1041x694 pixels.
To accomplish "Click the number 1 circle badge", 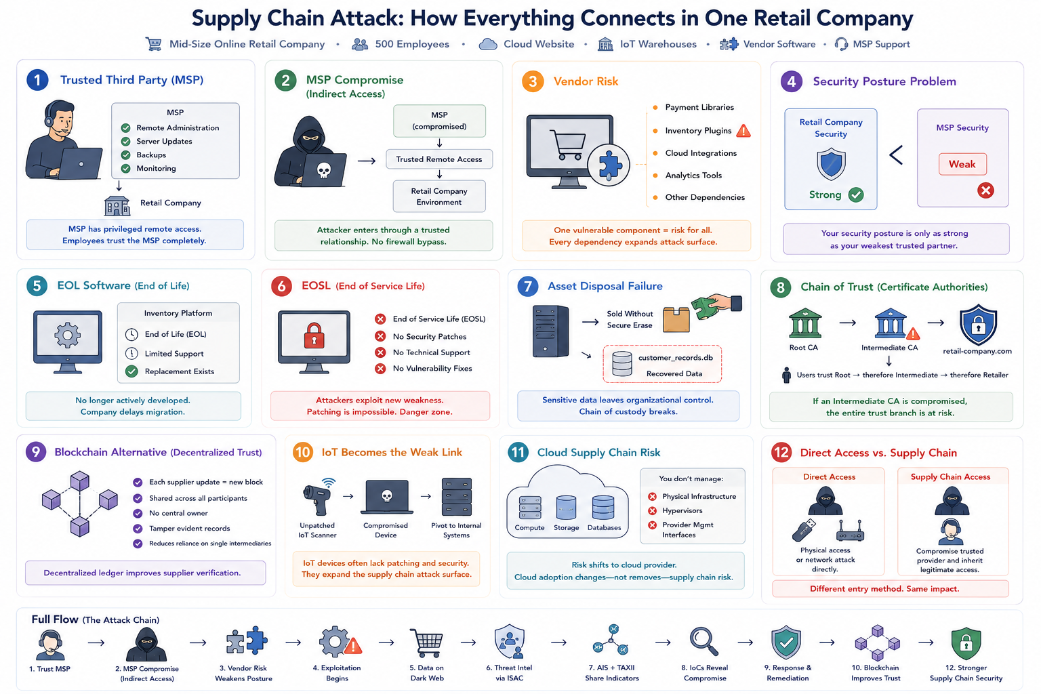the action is [37, 80].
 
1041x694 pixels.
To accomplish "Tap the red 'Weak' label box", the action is [962, 164].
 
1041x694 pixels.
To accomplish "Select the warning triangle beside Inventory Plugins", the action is [743, 131].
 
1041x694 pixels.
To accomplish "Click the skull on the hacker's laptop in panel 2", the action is [323, 170].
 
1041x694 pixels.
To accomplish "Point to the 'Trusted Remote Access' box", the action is [439, 159].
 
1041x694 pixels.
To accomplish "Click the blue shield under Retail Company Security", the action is [831, 163].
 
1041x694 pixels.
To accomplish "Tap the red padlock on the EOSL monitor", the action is [314, 335].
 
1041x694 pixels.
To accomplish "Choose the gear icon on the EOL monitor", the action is [67, 335].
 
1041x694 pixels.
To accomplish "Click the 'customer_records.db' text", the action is [675, 357].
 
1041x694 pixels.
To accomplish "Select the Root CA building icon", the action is [805, 323].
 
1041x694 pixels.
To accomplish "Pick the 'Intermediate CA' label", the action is [889, 348].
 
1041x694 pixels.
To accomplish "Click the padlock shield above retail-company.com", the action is [978, 325].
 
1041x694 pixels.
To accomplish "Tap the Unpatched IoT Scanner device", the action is [317, 497].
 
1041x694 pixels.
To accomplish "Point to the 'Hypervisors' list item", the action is [682, 510].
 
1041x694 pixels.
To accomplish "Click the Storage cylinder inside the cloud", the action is [566, 507].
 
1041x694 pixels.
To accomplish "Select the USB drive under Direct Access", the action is [804, 531].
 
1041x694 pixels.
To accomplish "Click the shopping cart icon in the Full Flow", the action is [426, 642].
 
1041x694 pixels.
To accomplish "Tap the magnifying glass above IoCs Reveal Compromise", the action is [703, 641].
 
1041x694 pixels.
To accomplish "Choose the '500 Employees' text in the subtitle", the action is [412, 44].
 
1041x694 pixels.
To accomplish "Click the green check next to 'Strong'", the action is [856, 195].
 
